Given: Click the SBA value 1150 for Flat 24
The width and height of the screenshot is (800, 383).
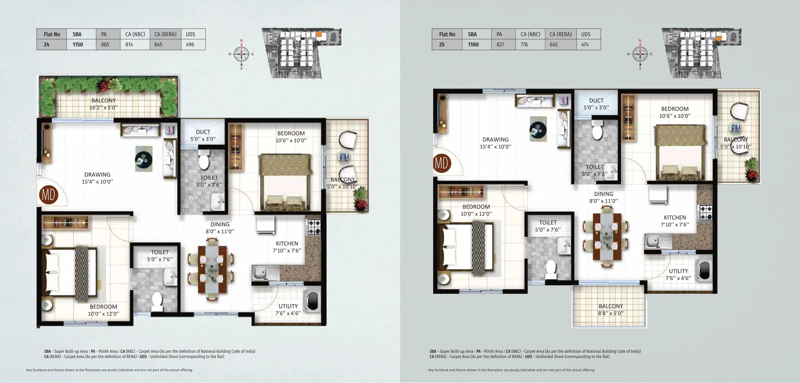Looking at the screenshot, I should point(78,44).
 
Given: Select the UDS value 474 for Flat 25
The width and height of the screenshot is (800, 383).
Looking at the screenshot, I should point(585,44).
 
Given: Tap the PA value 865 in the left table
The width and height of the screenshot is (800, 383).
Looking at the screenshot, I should point(105,44).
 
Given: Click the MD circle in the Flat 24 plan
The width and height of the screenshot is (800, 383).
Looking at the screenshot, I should point(49,195).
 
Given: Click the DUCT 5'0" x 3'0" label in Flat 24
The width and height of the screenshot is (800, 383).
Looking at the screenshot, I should point(203,135).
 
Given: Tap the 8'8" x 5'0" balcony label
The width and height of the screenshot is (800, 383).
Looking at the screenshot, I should point(611,310).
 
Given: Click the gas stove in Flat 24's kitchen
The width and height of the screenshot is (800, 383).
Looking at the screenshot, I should point(314,227).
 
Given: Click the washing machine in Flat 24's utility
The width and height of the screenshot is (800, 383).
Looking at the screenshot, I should point(312,301).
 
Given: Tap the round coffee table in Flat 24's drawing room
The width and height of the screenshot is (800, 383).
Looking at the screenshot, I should point(143,159).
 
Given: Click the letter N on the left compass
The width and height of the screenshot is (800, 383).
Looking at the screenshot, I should point(241,41).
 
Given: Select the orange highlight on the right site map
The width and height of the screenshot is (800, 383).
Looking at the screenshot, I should point(719,38).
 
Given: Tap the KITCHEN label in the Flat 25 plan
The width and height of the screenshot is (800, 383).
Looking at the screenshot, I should point(675,218).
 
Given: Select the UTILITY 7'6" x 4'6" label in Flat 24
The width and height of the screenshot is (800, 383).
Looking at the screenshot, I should point(288,310).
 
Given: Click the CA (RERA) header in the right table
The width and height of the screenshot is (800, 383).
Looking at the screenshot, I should point(561,34).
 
